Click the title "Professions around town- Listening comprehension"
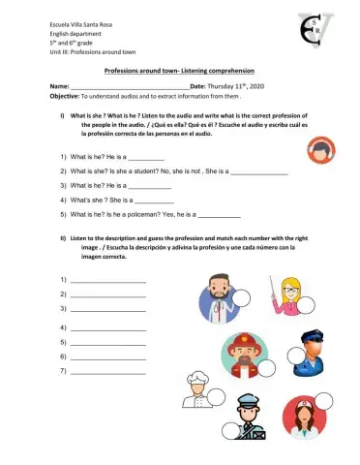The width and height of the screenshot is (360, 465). pyautogui.click(x=180, y=72)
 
